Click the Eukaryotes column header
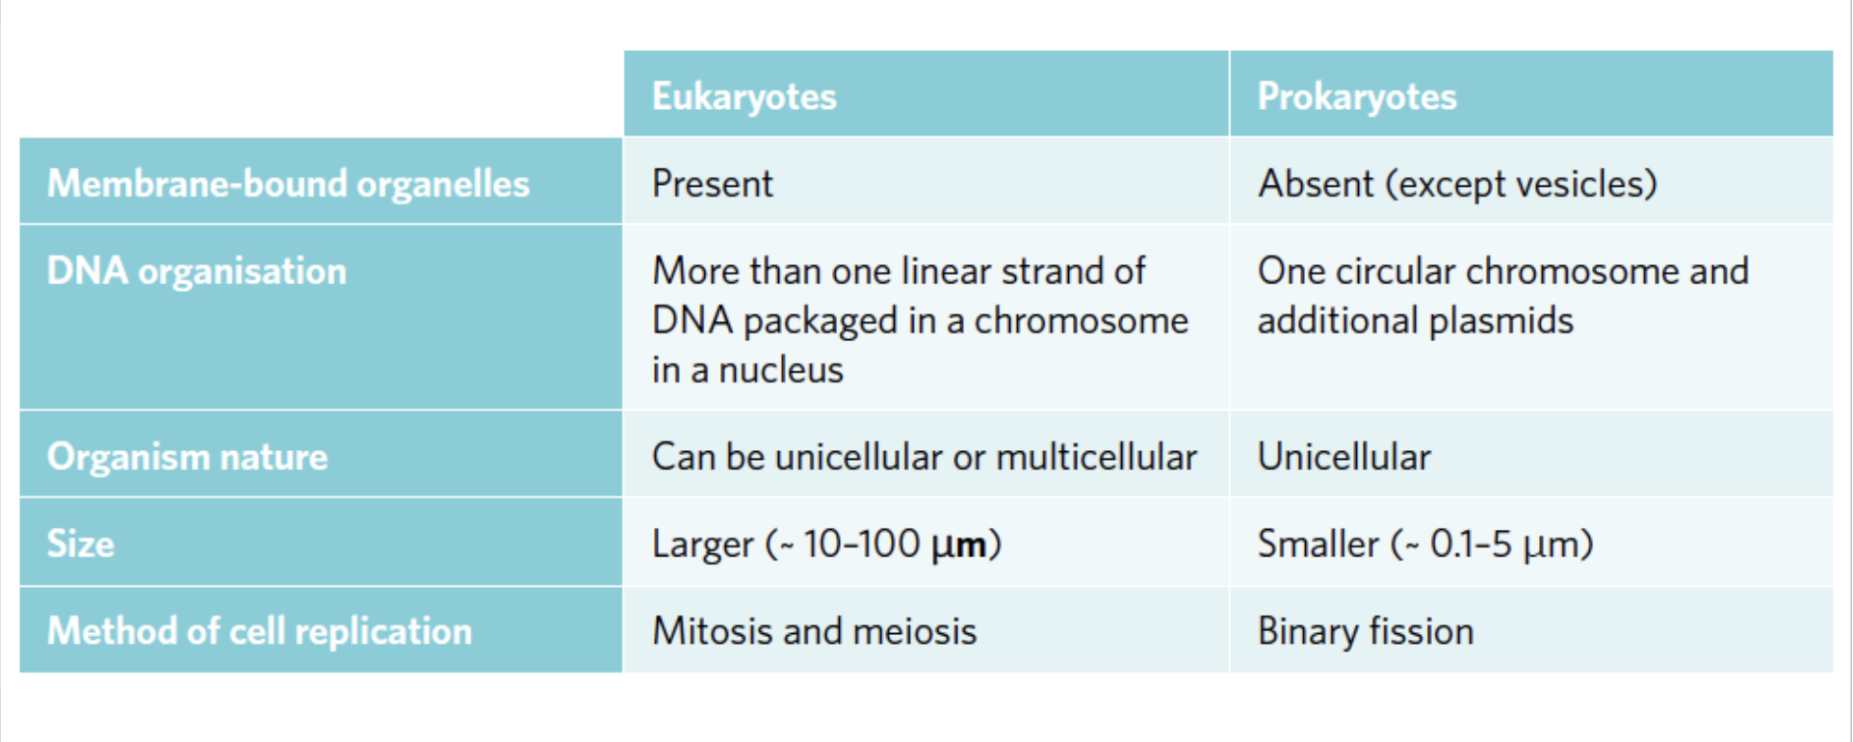tap(744, 96)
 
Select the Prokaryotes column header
tap(1356, 96)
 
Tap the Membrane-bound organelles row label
tap(288, 183)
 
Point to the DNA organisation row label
tap(196, 271)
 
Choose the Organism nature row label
tap(187, 456)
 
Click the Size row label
tap(81, 543)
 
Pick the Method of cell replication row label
tap(259, 631)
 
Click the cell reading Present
tap(712, 183)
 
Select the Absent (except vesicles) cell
tap(1456, 183)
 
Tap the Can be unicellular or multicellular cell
tap(924, 456)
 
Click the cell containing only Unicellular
tap(1344, 456)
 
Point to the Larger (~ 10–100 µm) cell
tap(826, 543)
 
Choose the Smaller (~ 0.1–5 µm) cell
tap(1424, 543)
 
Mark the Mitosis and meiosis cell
tap(814, 631)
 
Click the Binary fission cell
tap(1365, 631)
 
